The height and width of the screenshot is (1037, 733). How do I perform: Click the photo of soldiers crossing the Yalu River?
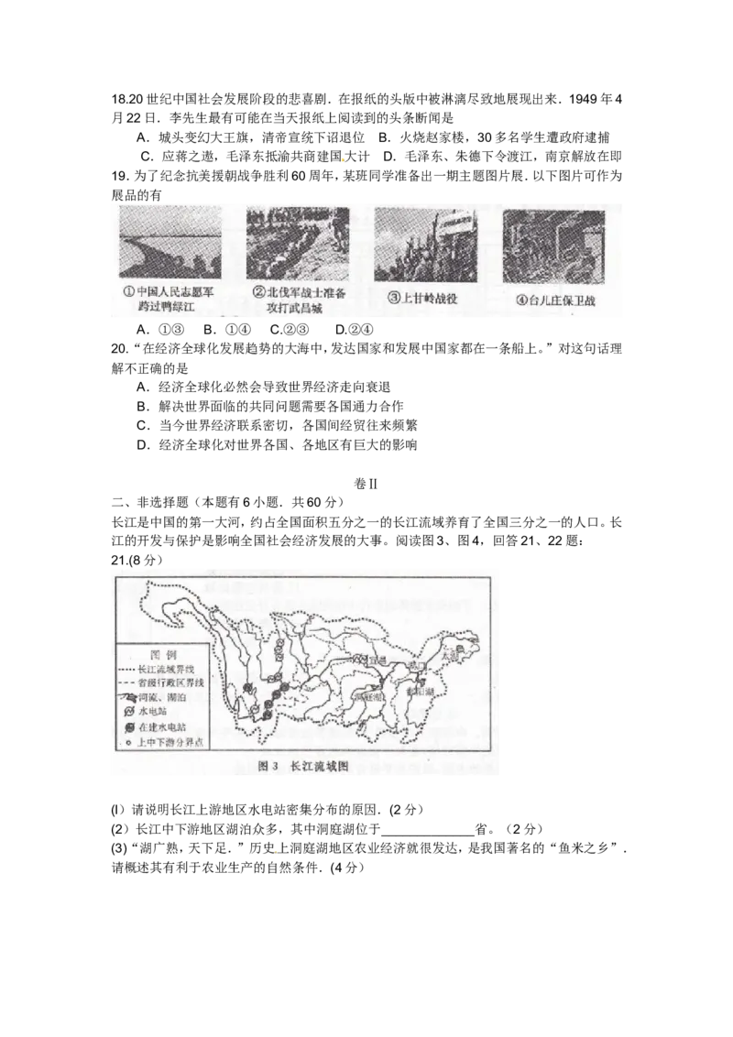point(170,244)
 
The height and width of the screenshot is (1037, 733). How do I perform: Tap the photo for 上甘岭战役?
point(424,244)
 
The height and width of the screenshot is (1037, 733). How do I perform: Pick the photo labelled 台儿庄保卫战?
point(553,244)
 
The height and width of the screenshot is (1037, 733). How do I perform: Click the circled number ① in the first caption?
point(128,293)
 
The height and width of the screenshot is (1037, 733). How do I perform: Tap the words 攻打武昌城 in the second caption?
point(295,309)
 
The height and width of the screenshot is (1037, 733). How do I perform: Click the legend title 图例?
point(159,656)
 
